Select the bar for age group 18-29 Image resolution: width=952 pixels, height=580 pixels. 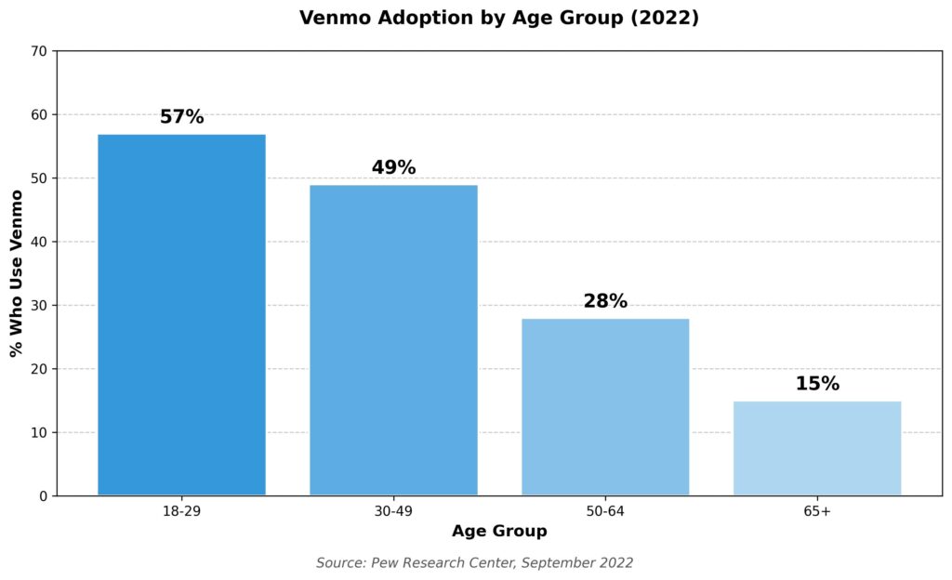coord(181,315)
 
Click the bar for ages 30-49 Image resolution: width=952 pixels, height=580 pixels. coord(393,340)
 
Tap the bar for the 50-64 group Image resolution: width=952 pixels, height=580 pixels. coord(605,407)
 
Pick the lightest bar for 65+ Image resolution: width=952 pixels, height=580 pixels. coord(817,448)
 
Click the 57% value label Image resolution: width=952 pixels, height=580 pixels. coord(181,117)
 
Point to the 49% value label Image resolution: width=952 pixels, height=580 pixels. coord(393,168)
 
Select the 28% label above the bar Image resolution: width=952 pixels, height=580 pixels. coord(605,301)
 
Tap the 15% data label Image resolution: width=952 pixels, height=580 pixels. coord(817,384)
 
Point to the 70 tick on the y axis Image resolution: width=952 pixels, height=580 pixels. coord(40,51)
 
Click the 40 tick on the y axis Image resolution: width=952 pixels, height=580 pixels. coord(40,242)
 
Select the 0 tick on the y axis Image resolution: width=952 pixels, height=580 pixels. coord(44,496)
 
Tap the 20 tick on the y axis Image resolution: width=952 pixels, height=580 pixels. coord(40,369)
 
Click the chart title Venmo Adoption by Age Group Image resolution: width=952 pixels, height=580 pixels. coord(498,19)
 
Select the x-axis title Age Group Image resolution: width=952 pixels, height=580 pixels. coord(499,532)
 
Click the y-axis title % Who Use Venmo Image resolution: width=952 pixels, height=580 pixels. coord(16,272)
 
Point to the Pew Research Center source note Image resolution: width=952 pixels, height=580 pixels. coord(474,562)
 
